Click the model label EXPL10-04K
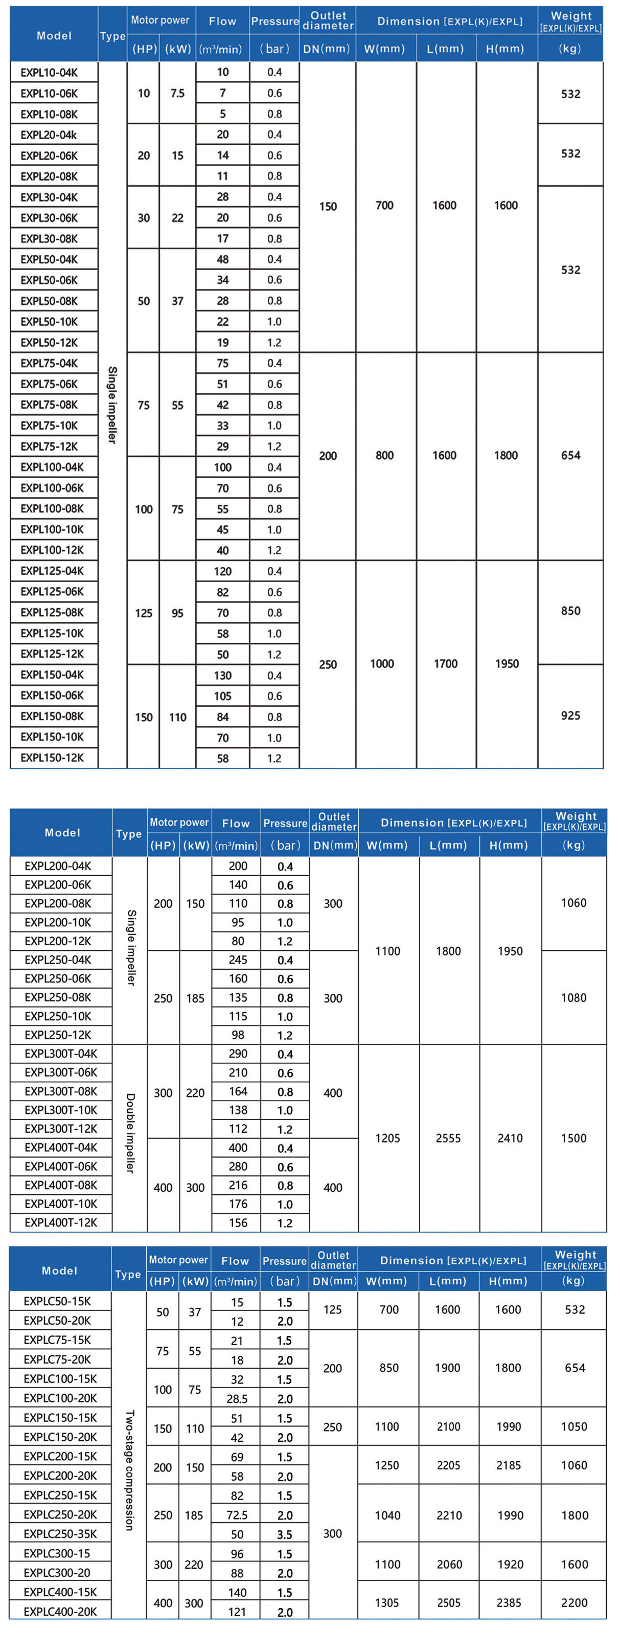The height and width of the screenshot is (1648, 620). [49, 72]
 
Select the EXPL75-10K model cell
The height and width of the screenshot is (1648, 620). [49, 426]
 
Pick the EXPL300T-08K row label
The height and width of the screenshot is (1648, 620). [61, 1092]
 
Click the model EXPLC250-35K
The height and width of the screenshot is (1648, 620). [60, 1533]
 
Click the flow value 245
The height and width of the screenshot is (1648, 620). [238, 960]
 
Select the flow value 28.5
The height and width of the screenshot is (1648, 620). [237, 1398]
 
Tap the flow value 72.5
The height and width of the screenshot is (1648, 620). [237, 1515]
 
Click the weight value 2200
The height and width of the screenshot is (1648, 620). [574, 1602]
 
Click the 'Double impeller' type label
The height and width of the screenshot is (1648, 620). [130, 1133]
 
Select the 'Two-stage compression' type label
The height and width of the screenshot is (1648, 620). [130, 1469]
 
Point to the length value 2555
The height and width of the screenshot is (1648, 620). [448, 1138]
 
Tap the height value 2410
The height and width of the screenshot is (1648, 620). [510, 1138]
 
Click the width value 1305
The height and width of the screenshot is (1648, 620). [387, 1602]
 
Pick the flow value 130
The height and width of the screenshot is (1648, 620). [222, 676]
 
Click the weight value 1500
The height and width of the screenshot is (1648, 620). [573, 1138]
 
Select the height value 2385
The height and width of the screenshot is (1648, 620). [509, 1602]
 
